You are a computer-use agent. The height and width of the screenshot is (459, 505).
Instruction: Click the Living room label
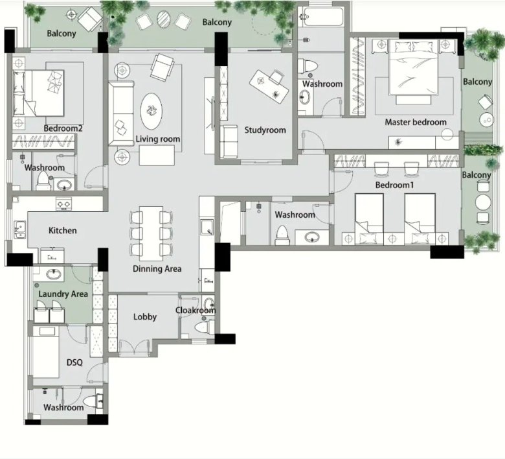pyautogui.click(x=157, y=139)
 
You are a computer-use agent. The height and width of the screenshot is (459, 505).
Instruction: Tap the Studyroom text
pyautogui.click(x=265, y=130)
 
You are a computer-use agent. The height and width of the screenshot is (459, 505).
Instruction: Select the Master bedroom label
pyautogui.click(x=416, y=123)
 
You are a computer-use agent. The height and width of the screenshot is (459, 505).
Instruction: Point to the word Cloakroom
pyautogui.click(x=196, y=311)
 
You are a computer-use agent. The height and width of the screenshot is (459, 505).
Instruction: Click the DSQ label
pyautogui.click(x=74, y=362)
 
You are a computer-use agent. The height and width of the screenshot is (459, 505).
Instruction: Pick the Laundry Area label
pyautogui.click(x=63, y=294)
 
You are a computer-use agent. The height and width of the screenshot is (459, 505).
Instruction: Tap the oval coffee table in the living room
pyautogui.click(x=151, y=112)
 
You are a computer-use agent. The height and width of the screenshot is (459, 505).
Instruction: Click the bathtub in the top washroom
pyautogui.click(x=321, y=16)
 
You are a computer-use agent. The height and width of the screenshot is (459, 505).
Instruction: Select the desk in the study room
pyautogui.click(x=269, y=86)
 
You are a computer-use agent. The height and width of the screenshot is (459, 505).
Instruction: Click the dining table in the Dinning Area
pyautogui.click(x=151, y=233)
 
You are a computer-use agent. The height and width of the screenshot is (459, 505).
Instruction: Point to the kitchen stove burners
pyautogui.click(x=63, y=204)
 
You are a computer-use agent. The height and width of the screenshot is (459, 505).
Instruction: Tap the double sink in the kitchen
pyautogui.click(x=20, y=230)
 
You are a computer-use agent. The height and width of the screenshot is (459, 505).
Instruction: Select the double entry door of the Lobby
pyautogui.click(x=134, y=347)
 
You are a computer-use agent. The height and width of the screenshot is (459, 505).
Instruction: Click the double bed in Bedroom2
pyautogui.click(x=38, y=93)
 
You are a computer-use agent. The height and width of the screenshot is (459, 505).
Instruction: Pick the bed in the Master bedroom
pyautogui.click(x=414, y=67)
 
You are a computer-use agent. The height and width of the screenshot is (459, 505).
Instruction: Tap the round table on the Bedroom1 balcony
pyautogui.click(x=483, y=202)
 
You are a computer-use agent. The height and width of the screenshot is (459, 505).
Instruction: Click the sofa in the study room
pyautogui.click(x=229, y=142)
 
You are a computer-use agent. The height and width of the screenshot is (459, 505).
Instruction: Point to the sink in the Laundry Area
pyautogui.click(x=54, y=274)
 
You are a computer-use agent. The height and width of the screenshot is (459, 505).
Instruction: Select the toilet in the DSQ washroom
pyautogui.click(x=91, y=402)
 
